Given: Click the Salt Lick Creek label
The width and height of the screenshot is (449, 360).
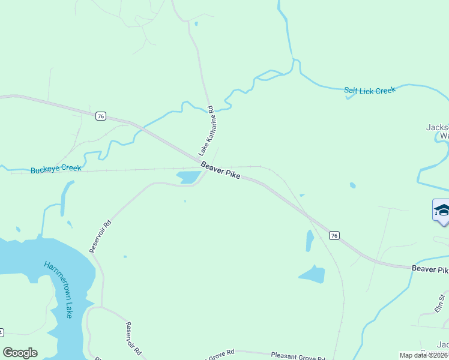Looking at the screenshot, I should (x=370, y=91).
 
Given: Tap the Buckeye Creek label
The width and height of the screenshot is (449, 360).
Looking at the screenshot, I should (x=55, y=169).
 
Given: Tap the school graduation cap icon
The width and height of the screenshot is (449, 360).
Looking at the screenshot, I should (x=442, y=211).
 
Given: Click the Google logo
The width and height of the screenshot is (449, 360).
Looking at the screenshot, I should (x=20, y=353).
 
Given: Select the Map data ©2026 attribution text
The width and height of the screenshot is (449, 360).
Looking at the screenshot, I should (x=424, y=355).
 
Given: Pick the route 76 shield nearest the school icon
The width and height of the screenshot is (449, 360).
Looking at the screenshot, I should (x=334, y=235).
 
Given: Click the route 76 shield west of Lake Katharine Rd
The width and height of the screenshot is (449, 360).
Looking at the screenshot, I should (x=100, y=116).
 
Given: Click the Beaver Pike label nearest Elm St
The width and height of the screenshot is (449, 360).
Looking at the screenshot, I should (x=430, y=269).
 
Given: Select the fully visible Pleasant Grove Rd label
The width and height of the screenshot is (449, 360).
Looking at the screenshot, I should (x=298, y=355).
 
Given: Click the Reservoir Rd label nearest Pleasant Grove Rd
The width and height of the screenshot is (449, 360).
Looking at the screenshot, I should (x=133, y=338).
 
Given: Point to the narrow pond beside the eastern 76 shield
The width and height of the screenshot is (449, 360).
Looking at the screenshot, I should (x=310, y=241).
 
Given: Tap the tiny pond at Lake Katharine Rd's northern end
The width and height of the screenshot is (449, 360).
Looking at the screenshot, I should (x=196, y=24).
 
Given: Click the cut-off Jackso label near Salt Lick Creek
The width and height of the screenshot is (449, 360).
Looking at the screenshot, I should (x=437, y=127).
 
